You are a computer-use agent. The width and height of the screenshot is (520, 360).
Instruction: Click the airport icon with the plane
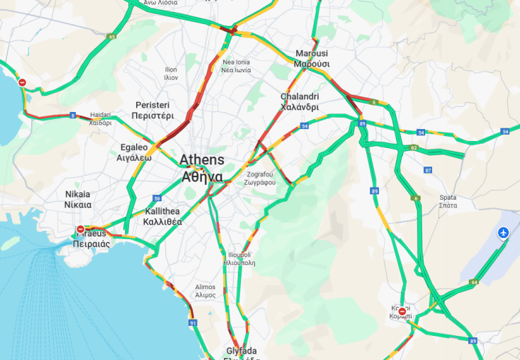tap(504, 232)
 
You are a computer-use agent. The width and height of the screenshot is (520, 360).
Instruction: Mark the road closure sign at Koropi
tap(402, 311)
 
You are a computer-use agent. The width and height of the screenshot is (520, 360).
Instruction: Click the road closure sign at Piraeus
tap(81, 230)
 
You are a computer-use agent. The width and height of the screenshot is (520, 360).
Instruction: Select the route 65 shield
tap(112, 36)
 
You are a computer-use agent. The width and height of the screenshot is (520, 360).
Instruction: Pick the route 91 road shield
tap(193, 322)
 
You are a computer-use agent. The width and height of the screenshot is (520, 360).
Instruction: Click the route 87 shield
tap(427, 170)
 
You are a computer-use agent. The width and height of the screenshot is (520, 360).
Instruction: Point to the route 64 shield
tap(474, 282)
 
